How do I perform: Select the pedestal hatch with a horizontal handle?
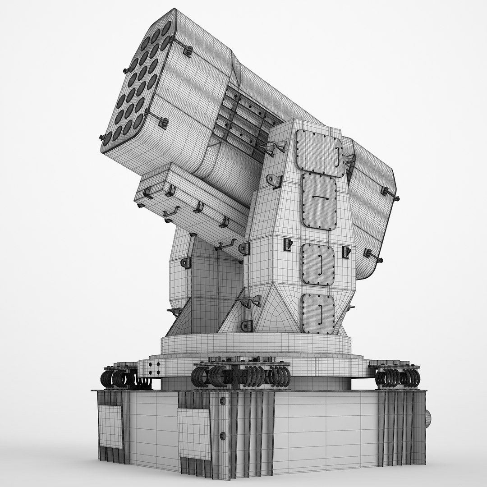coord(319,201)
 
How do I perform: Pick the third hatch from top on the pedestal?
coord(318,265)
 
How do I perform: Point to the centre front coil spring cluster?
coord(241,376)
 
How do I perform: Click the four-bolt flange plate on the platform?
coord(154,368)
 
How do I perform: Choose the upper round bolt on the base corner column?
coord(222,401)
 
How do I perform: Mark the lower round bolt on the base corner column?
coord(222,436)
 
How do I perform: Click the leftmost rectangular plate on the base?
coord(110,427)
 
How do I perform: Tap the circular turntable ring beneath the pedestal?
coord(256,345)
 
